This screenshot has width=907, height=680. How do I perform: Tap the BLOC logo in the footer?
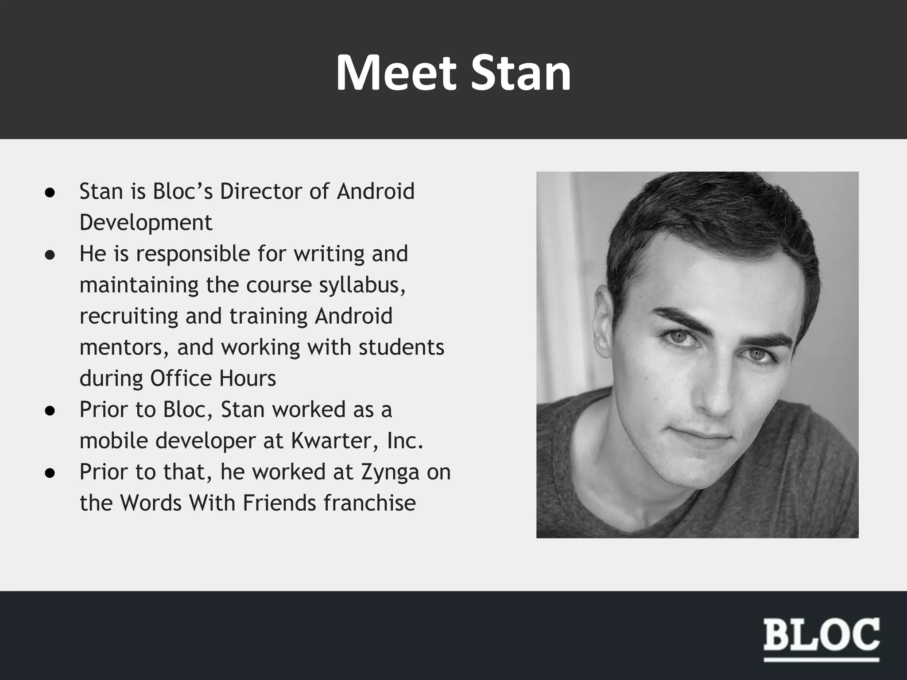tap(822, 635)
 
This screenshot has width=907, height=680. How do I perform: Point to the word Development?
tap(146, 222)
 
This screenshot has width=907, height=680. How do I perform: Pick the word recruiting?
tap(128, 316)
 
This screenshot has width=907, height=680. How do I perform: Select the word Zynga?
tap(390, 472)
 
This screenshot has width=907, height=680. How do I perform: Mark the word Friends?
tap(279, 503)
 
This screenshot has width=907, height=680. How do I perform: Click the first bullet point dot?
tap(50, 192)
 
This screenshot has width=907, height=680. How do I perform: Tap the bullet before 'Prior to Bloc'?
tap(50, 410)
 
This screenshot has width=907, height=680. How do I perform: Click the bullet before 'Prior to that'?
tap(50, 473)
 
